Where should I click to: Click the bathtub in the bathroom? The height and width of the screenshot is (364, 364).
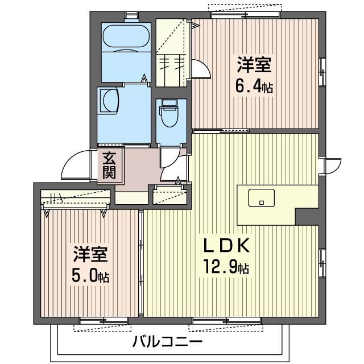[x=125, y=37]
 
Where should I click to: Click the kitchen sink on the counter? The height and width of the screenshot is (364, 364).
[x=261, y=198]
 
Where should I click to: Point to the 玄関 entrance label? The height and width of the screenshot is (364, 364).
[x=109, y=165]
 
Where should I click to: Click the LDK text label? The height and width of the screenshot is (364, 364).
[x=227, y=246]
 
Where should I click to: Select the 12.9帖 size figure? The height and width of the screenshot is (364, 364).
[x=227, y=266]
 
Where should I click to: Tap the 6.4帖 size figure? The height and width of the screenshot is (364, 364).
[x=254, y=88]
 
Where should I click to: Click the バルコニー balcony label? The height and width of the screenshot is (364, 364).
[x=167, y=342]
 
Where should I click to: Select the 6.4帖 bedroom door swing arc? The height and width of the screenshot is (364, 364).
[x=200, y=68]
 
